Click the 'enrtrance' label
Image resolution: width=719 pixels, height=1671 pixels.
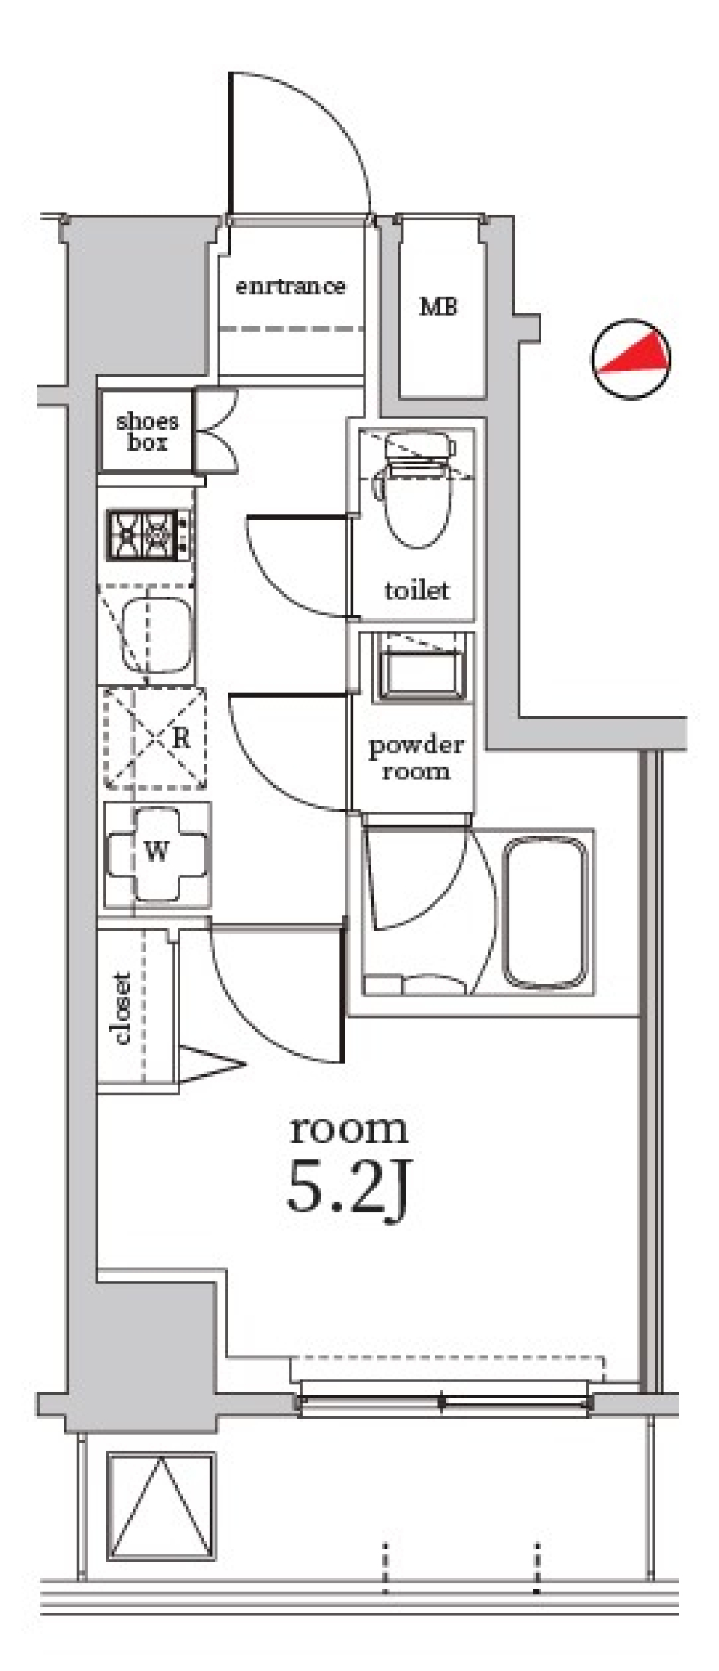[291, 286]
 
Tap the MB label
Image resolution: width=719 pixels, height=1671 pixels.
[438, 306]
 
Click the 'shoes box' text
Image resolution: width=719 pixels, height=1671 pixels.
[148, 431]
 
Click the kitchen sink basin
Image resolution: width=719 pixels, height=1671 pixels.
[158, 635]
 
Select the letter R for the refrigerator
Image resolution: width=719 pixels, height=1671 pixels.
[181, 738]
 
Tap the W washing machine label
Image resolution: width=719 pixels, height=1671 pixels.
[156, 851]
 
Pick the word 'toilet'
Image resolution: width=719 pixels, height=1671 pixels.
[417, 590]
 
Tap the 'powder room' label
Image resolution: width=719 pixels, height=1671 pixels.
[416, 758]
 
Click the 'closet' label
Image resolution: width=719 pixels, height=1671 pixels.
[121, 1008]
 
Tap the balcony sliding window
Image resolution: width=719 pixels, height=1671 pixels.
[443, 1396]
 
